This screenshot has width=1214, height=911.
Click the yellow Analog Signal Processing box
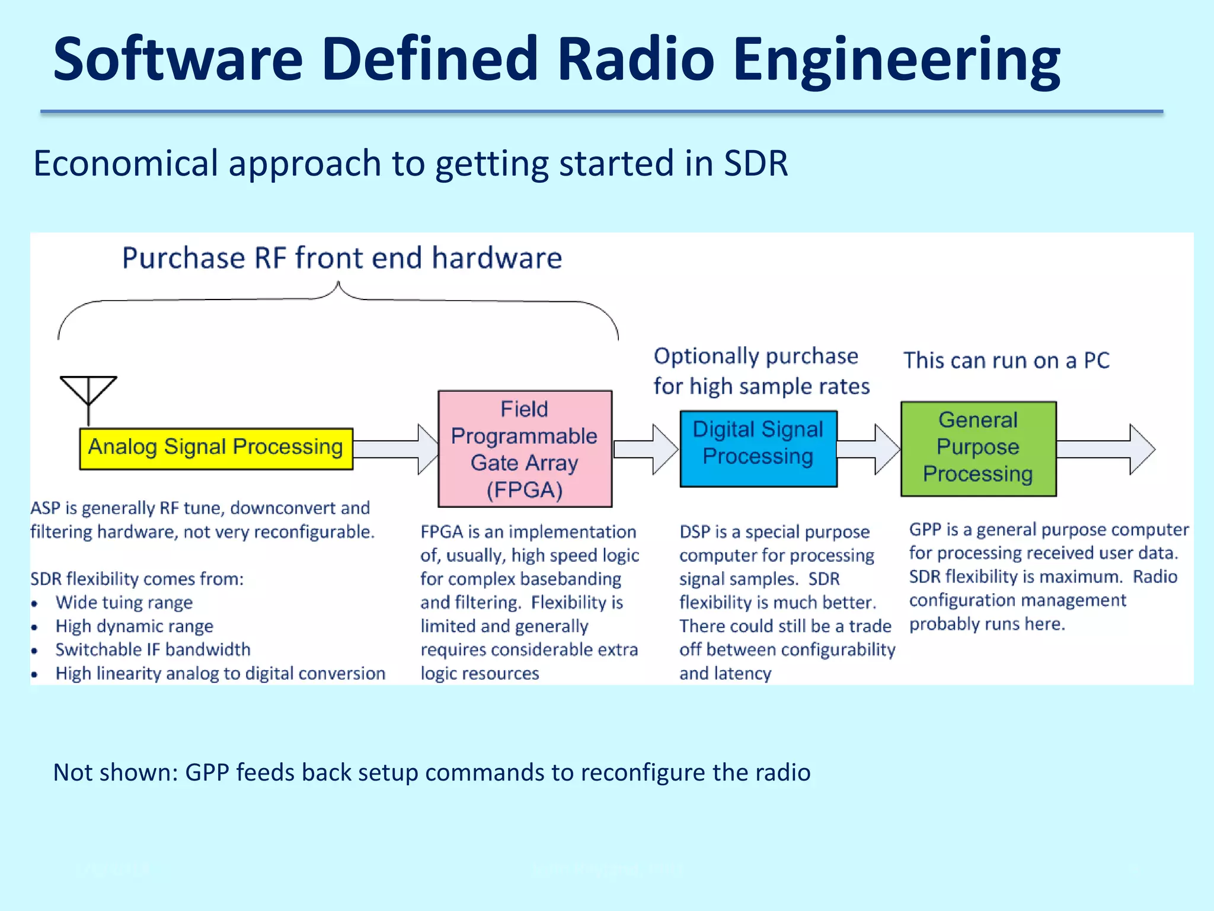click(x=216, y=448)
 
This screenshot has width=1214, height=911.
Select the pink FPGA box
click(x=525, y=449)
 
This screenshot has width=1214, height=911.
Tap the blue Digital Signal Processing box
click(x=758, y=449)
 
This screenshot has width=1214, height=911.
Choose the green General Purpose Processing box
click(x=978, y=449)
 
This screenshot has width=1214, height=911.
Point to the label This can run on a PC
click(x=1006, y=361)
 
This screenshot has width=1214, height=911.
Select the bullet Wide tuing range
click(x=124, y=603)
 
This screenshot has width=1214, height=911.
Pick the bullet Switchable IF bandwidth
click(x=153, y=649)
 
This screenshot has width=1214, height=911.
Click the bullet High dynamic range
click(x=134, y=626)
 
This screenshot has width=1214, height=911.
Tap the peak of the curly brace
click(x=338, y=285)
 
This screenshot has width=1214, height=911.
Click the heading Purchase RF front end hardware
click(x=342, y=258)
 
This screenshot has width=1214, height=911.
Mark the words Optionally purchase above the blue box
click(x=756, y=356)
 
